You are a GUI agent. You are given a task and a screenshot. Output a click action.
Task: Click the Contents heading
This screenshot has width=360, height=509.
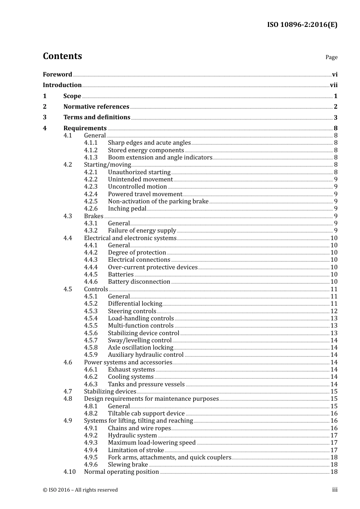click(62, 56)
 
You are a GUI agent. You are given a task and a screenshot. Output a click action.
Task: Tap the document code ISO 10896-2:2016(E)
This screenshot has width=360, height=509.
click(302, 25)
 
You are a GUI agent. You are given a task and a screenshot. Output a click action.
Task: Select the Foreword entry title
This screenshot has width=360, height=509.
click(57, 75)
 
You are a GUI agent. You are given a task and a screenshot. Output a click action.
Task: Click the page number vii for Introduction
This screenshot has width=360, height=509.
click(333, 85)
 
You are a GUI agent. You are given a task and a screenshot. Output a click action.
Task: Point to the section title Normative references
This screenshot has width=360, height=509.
click(96, 107)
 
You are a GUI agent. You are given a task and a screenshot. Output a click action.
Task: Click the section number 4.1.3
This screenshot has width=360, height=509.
click(91, 158)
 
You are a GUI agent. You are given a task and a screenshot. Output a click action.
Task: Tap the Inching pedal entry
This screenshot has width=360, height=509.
click(127, 209)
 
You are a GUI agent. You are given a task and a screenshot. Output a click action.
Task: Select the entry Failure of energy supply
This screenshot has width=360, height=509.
click(142, 231)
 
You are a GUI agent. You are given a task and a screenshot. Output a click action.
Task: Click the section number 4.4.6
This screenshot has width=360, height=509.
click(91, 282)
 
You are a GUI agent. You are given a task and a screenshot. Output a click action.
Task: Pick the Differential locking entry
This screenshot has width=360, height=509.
click(135, 304)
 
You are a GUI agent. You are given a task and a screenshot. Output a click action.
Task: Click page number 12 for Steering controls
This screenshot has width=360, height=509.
click(334, 311)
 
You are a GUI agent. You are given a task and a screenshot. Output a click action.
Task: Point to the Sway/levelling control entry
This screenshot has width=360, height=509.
click(139, 340)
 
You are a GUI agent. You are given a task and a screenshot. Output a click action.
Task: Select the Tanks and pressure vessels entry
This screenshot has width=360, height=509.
click(146, 384)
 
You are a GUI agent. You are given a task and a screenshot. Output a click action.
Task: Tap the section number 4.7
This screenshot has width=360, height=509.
click(67, 392)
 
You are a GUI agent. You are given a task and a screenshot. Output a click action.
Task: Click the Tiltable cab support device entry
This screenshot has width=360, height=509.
click(146, 414)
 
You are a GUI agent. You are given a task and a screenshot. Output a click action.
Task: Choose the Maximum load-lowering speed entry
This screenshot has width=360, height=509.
click(152, 443)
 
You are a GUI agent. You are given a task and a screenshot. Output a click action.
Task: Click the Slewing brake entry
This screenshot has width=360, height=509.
click(128, 465)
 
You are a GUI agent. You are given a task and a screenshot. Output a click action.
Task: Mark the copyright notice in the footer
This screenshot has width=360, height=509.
click(80, 490)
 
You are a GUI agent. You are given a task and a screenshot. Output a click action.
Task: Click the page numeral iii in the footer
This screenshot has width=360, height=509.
click(335, 490)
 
